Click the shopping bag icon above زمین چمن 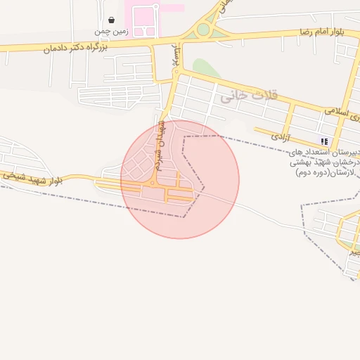pos(112,20)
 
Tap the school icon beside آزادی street pos(324,141)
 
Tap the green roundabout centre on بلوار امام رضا pos(203,30)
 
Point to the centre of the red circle pos(180,179)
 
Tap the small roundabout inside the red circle pos(151,183)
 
